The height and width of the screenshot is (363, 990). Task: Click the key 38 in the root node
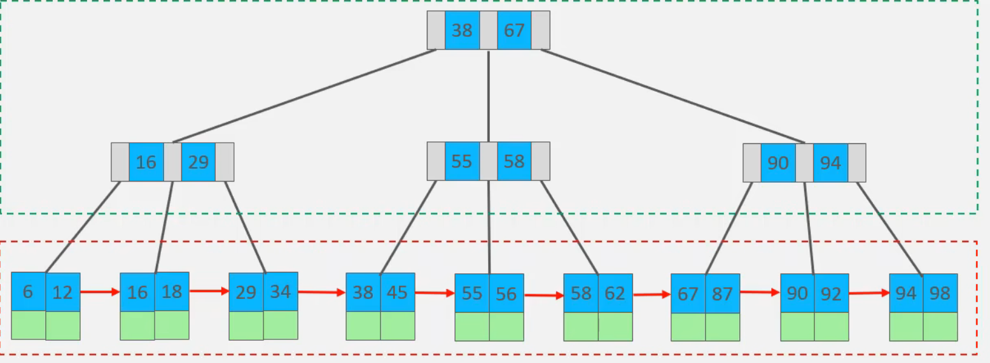[x=462, y=30]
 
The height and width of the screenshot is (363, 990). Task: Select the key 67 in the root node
[x=514, y=30]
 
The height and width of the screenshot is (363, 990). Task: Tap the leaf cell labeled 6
[x=28, y=292]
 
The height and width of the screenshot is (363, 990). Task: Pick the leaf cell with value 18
[x=172, y=292]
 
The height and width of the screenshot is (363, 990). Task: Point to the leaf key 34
[x=281, y=292]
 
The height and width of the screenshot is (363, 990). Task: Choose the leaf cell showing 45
[x=398, y=292]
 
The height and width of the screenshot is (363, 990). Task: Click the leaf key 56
[x=506, y=293]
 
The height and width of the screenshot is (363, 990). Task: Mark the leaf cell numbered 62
[x=615, y=293]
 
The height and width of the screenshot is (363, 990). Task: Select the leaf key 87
[x=723, y=293]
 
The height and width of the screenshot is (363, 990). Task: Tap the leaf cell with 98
[x=940, y=293]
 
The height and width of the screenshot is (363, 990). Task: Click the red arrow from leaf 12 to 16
[x=100, y=292]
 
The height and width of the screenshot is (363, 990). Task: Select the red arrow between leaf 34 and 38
[x=321, y=292]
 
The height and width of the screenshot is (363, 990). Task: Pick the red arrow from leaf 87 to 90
[x=760, y=292]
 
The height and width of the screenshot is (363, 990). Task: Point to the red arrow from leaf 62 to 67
[x=652, y=294]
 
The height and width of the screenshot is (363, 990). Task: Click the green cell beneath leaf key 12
[x=63, y=325]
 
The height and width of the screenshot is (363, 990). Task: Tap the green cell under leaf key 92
[x=832, y=327]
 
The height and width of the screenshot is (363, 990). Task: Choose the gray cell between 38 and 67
[x=488, y=30]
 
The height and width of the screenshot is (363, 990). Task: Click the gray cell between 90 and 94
[x=804, y=162]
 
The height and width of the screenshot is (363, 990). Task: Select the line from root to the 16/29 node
[x=304, y=96]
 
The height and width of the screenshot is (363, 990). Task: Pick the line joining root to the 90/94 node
[x=673, y=96]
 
